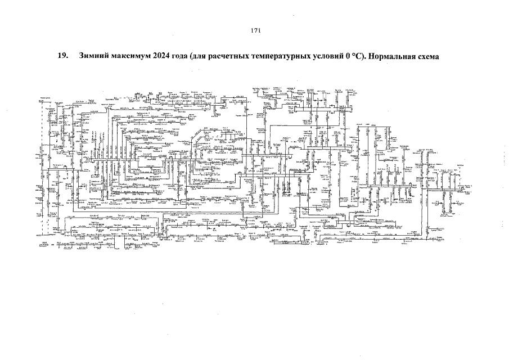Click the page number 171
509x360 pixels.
click(x=254, y=31)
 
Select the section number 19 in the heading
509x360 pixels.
click(x=62, y=57)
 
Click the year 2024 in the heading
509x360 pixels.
click(x=162, y=57)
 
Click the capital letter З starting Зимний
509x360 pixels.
click(x=83, y=57)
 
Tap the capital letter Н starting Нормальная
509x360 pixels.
click(x=375, y=57)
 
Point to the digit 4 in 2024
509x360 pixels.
click(x=169, y=57)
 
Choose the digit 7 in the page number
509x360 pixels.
click(x=254, y=31)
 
